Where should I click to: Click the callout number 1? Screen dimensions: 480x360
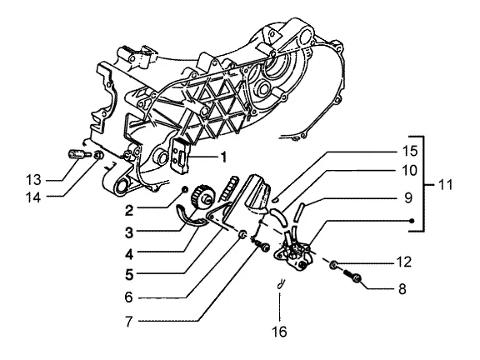(224, 157)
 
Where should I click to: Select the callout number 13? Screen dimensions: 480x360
(33, 180)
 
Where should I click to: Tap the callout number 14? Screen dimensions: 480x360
(33, 197)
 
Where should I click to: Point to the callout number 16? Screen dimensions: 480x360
(279, 332)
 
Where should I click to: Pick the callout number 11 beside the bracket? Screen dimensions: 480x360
(444, 185)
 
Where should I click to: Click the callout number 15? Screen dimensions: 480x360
(410, 151)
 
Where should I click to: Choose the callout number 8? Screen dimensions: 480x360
(402, 288)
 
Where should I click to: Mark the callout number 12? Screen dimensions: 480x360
(404, 262)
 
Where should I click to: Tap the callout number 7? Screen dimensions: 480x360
(129, 321)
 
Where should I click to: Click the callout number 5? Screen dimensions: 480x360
(129, 274)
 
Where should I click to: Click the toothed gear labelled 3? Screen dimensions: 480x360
(202, 197)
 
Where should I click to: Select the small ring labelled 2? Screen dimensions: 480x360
(185, 190)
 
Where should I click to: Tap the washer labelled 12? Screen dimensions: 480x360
(333, 264)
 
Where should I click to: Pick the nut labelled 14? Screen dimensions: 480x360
(98, 155)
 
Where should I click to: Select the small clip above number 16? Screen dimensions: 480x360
(280, 283)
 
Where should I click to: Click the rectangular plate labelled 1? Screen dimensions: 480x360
(181, 154)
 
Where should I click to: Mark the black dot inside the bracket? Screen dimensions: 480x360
(412, 221)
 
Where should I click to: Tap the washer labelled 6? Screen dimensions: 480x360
(242, 235)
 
